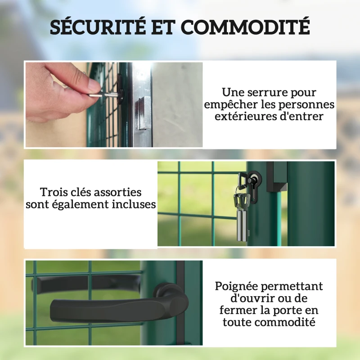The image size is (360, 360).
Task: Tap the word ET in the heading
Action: [163, 27]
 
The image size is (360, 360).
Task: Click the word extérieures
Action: [246, 116]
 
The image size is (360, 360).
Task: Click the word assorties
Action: [117, 192]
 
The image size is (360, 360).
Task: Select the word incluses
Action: [134, 204]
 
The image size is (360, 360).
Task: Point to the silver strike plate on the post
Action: [142, 113]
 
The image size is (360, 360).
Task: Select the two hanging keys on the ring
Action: [242, 217]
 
